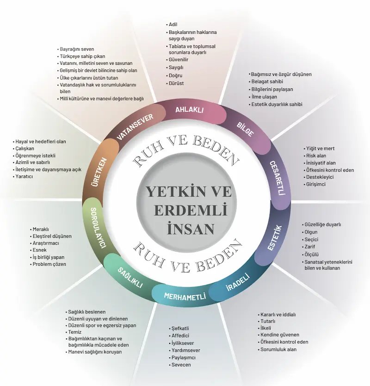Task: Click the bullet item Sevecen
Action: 180,365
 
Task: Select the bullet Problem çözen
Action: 49,264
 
